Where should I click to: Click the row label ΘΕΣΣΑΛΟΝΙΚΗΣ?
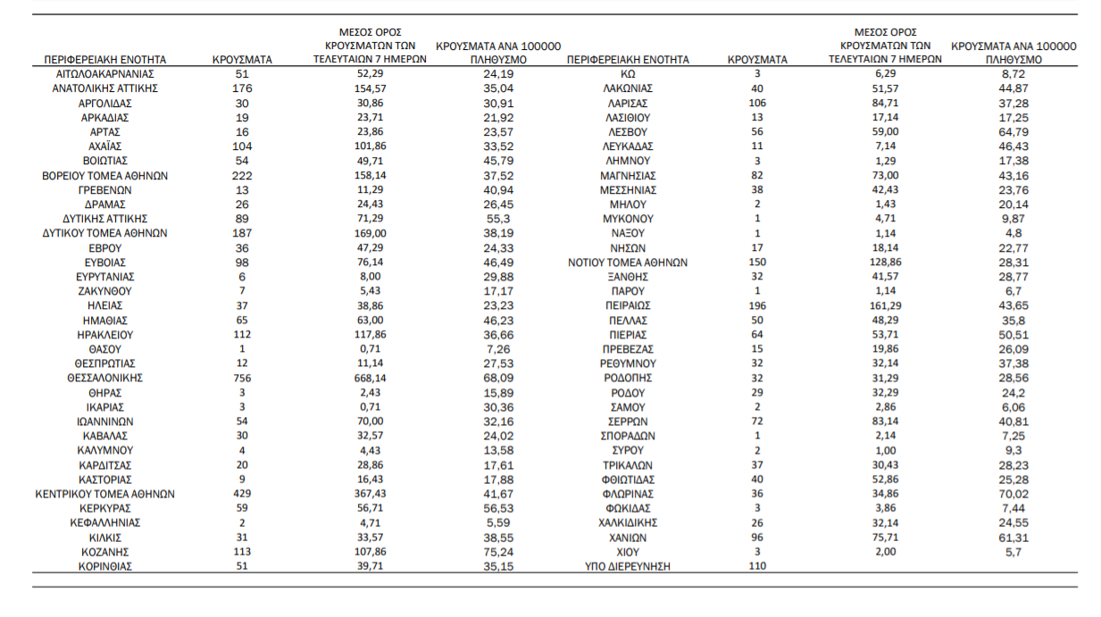click(104, 379)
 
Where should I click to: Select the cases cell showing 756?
click(242, 379)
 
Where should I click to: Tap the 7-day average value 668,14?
click(370, 379)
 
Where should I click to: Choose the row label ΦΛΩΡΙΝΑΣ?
click(628, 494)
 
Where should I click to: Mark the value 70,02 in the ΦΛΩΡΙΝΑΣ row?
click(1013, 494)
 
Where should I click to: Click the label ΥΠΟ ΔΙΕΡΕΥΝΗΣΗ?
click(628, 566)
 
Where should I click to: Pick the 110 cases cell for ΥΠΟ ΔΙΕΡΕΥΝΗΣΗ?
click(757, 566)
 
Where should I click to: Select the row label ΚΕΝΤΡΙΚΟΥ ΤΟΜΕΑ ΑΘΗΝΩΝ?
click(104, 494)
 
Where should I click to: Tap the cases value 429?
click(242, 494)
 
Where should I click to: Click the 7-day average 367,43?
click(370, 494)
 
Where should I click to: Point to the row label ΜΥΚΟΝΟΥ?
click(628, 219)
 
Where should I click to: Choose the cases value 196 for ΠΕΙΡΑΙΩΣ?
click(757, 305)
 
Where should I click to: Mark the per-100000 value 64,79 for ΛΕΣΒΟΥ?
click(1013, 132)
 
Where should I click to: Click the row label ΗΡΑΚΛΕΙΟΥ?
click(104, 335)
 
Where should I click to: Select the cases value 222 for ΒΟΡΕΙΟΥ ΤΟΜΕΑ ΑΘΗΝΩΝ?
click(242, 176)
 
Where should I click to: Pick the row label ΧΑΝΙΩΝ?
click(628, 538)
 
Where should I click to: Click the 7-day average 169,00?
click(370, 233)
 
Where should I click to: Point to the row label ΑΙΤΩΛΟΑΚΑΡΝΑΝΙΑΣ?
click(104, 74)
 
